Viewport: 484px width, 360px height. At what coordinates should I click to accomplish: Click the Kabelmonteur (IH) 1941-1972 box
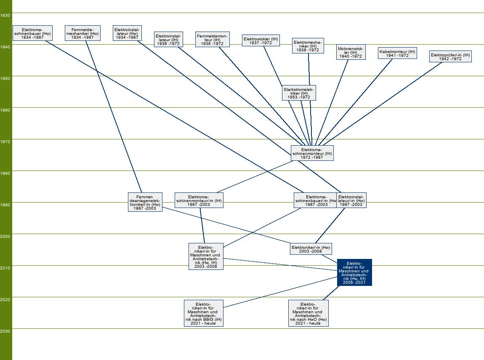point(397,53)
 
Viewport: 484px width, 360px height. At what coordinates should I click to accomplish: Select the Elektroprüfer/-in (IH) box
point(450,56)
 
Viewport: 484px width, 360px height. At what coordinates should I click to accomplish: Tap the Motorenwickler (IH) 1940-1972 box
point(350,53)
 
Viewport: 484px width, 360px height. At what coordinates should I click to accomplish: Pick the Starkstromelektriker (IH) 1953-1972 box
point(299,93)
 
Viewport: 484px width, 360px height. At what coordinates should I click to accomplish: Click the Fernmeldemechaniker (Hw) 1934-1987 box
point(82,33)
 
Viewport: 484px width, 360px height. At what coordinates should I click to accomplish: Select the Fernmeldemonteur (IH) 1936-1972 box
point(212,40)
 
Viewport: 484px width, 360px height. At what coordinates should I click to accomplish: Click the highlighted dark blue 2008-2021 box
point(354,272)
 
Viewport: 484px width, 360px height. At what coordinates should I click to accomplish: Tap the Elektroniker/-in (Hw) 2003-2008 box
point(311,249)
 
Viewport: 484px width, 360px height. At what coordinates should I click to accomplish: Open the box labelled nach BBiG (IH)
point(203,313)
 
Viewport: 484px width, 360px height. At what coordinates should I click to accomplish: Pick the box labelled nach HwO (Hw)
point(308,313)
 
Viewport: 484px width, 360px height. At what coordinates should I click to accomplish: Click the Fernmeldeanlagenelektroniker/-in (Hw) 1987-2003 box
point(145,202)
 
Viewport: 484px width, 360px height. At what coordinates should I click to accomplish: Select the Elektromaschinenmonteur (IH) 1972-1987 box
point(312,153)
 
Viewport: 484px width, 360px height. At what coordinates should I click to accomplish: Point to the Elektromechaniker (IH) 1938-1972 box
point(308,45)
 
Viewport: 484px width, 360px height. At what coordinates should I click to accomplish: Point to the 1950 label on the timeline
point(5,79)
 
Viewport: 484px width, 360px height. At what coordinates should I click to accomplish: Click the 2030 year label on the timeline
point(5,331)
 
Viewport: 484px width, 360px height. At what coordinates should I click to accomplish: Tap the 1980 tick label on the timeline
point(5,173)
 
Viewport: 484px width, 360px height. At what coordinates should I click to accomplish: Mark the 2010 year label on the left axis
point(5,268)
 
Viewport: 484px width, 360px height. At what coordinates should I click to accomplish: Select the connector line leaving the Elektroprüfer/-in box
point(387,101)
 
